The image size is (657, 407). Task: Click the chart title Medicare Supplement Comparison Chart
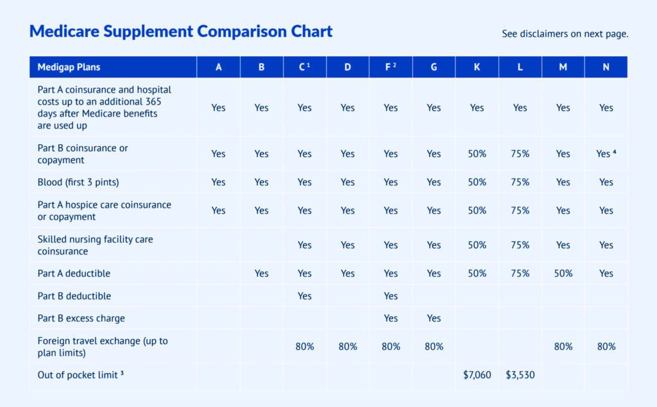181,31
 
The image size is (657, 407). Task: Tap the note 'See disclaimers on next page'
565,34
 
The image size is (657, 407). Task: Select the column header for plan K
477,67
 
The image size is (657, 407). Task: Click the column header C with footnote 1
304,67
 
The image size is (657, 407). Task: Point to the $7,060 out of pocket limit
477,375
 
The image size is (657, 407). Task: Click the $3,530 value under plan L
520,375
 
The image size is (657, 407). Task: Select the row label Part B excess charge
81,319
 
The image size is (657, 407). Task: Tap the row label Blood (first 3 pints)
78,182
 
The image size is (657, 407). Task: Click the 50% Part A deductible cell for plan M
563,274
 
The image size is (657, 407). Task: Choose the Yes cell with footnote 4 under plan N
606,154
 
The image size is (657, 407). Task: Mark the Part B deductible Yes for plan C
304,296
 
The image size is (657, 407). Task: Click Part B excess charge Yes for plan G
434,319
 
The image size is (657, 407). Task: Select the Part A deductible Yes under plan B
261,274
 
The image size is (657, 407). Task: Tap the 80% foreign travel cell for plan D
347,347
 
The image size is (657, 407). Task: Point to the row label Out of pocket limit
80,375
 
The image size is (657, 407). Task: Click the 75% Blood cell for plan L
520,182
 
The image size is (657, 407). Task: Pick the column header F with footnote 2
390,67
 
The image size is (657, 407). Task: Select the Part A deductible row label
74,274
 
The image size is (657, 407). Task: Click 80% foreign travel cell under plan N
606,347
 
